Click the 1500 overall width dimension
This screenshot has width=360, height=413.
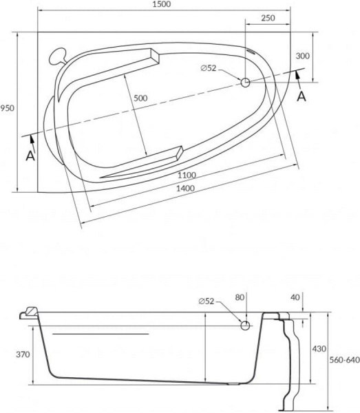163,5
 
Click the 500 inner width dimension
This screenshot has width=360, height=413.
140,98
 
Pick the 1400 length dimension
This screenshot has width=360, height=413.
184,189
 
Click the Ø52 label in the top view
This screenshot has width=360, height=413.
209,67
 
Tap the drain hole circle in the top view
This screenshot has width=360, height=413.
245,82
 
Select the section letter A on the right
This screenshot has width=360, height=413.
301,96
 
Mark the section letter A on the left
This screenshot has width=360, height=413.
30,156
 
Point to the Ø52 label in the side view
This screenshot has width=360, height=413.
209,301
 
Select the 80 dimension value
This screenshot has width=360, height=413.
240,297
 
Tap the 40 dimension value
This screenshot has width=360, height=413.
296,297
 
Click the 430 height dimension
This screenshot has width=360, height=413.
318,349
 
